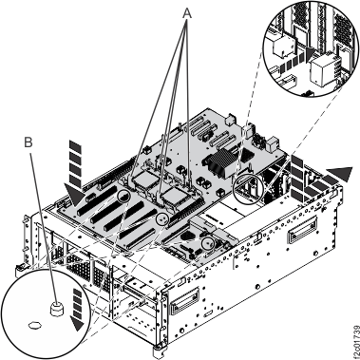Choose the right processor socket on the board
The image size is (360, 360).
click(181, 194)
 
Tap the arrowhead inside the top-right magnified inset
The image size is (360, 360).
click(295, 57)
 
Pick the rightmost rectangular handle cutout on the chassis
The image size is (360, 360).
click(307, 231)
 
